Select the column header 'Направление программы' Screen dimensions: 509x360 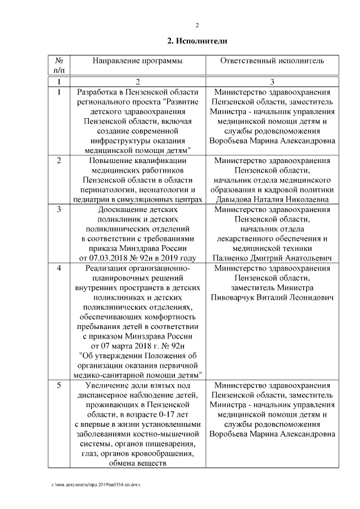[137, 60]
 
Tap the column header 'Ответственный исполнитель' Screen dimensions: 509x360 [272, 60]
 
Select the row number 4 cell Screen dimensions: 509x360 [59, 269]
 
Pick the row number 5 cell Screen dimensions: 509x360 [59, 386]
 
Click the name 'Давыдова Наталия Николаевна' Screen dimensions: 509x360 [272, 199]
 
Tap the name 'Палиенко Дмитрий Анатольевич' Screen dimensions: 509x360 [272, 258]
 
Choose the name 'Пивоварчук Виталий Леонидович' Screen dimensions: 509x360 [272, 297]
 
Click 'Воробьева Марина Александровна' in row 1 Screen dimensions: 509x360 [272, 141]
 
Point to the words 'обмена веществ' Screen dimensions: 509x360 [137, 463]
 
